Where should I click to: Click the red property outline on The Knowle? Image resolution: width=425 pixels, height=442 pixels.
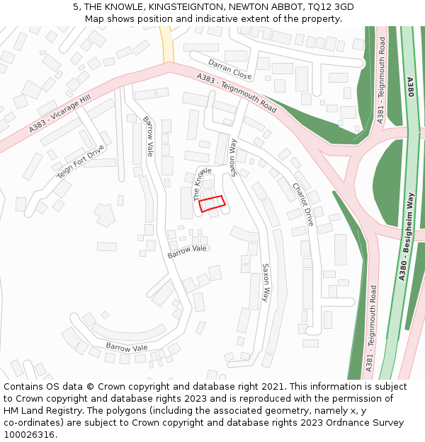pyautogui.click(x=212, y=204)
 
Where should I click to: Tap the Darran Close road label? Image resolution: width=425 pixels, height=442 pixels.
pyautogui.click(x=230, y=69)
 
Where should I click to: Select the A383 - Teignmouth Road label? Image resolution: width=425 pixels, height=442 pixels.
pyautogui.click(x=237, y=93)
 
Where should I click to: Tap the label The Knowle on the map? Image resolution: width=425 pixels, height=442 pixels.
pyautogui.click(x=203, y=184)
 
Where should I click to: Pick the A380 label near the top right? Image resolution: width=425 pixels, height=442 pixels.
pyautogui.click(x=410, y=88)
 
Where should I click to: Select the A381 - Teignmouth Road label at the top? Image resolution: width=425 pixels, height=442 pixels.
pyautogui.click(x=382, y=85)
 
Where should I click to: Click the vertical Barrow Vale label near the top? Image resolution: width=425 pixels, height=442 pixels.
pyautogui.click(x=148, y=136)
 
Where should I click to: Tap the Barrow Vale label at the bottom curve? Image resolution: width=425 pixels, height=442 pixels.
pyautogui.click(x=127, y=347)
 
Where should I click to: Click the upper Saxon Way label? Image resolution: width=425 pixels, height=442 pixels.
pyautogui.click(x=233, y=158)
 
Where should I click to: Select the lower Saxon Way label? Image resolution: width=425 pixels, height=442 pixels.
pyautogui.click(x=266, y=283)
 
